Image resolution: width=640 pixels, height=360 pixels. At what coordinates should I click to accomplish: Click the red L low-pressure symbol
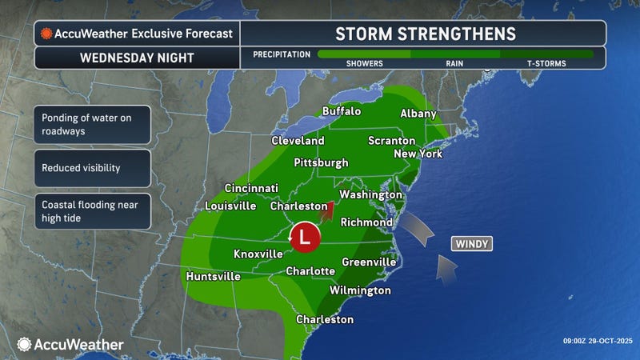[304, 237]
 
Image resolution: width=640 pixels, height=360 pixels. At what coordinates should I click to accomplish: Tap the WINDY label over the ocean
[471, 243]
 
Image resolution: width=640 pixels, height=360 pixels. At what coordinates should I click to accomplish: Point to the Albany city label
[418, 114]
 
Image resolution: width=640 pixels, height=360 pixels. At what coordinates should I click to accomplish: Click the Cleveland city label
[298, 141]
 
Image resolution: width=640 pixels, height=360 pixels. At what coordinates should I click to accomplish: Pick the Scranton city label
[390, 140]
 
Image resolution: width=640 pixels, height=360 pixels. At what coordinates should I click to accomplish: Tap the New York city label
[418, 154]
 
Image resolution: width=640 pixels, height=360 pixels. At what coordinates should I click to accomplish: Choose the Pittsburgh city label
[322, 162]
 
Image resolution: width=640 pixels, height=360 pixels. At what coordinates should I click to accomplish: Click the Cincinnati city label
[251, 188]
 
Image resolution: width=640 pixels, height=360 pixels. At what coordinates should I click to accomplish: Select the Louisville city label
[230, 206]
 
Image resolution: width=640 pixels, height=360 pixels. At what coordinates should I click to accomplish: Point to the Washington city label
[370, 195]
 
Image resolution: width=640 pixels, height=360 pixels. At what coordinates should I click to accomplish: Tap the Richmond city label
[366, 222]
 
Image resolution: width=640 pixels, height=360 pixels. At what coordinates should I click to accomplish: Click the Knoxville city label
[258, 254]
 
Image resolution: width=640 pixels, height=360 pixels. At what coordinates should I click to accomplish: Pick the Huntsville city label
[213, 277]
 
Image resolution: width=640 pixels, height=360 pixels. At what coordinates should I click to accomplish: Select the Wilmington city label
[360, 290]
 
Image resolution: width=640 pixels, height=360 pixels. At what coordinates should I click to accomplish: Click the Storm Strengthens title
[425, 34]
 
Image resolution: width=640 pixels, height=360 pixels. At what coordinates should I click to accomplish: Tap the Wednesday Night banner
[136, 58]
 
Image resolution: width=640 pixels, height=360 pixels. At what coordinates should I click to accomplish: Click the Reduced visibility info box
[92, 169]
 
